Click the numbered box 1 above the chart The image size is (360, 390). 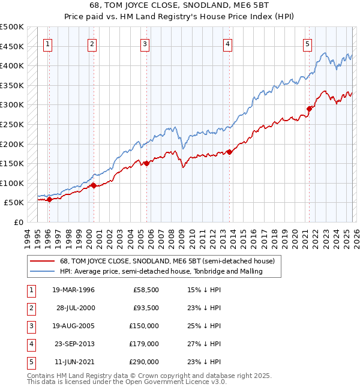tap(47, 43)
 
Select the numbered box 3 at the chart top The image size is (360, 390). tap(145, 43)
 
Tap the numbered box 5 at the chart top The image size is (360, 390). tap(307, 43)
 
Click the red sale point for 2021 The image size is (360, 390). tap(310, 109)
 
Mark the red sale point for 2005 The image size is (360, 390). tap(146, 163)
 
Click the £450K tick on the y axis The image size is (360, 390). tap(12, 46)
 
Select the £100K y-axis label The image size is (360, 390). tap(12, 183)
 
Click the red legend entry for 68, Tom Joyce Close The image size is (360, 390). tap(167, 261)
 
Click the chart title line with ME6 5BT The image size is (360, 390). tap(180, 7)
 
